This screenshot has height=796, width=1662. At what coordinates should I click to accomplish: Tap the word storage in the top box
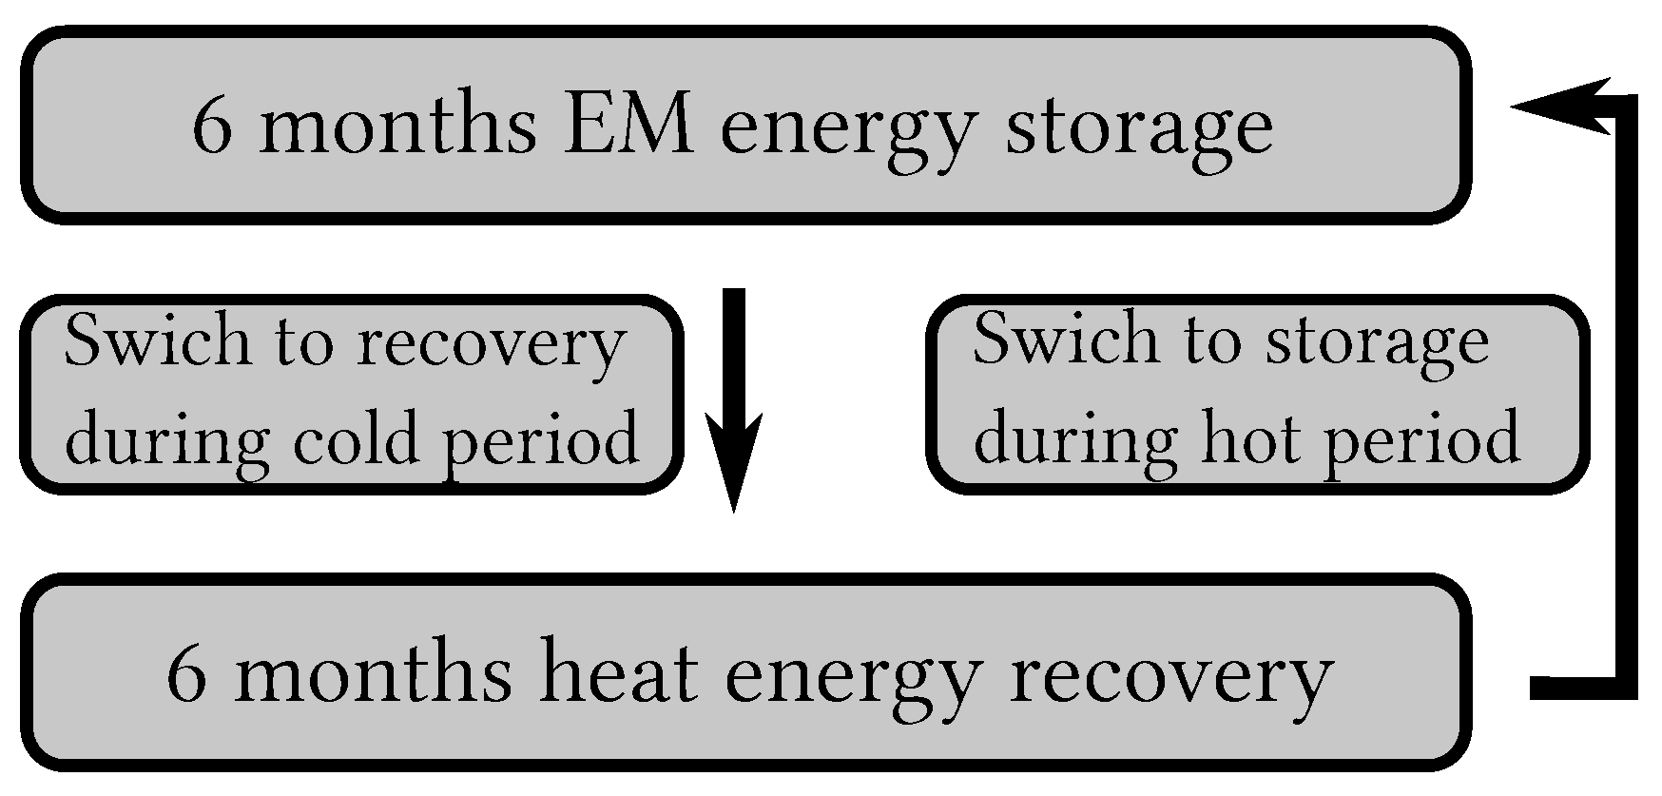point(1138,130)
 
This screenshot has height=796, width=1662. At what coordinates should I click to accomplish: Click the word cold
point(356,438)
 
